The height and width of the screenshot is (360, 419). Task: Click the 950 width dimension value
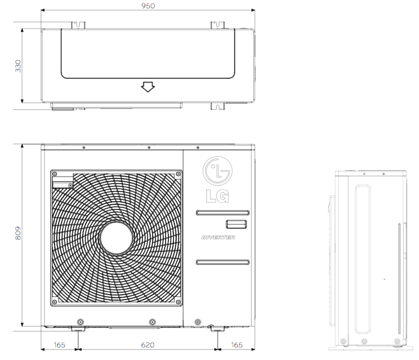pyautogui.click(x=148, y=6)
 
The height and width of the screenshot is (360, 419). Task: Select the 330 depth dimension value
pyautogui.click(x=18, y=66)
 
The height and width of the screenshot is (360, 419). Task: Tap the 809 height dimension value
pyautogui.click(x=18, y=233)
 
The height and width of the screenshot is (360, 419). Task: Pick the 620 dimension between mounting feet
pyautogui.click(x=148, y=345)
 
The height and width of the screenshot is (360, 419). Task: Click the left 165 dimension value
pyautogui.click(x=59, y=345)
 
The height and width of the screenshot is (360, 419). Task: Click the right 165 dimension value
pyautogui.click(x=237, y=345)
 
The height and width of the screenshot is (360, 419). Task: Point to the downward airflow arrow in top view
pyautogui.click(x=148, y=87)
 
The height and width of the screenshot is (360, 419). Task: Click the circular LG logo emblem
pyautogui.click(x=217, y=171)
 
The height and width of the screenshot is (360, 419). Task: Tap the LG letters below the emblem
pyautogui.click(x=218, y=196)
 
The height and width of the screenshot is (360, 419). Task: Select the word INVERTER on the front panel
pyautogui.click(x=219, y=238)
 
